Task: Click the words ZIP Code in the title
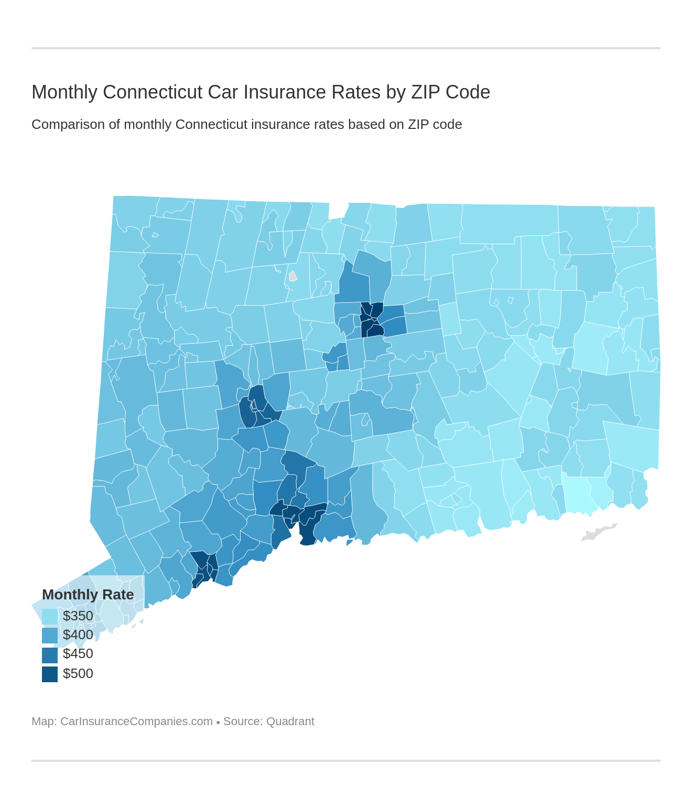450,92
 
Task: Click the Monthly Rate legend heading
88,595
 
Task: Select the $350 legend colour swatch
50,616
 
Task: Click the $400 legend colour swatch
50,635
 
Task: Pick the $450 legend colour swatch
50,654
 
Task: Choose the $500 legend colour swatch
50,674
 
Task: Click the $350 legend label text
78,616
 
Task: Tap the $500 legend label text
78,674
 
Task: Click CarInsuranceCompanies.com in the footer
136,721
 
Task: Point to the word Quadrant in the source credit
290,721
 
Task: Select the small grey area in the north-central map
293,276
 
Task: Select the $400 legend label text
78,635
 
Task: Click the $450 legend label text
78,654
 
